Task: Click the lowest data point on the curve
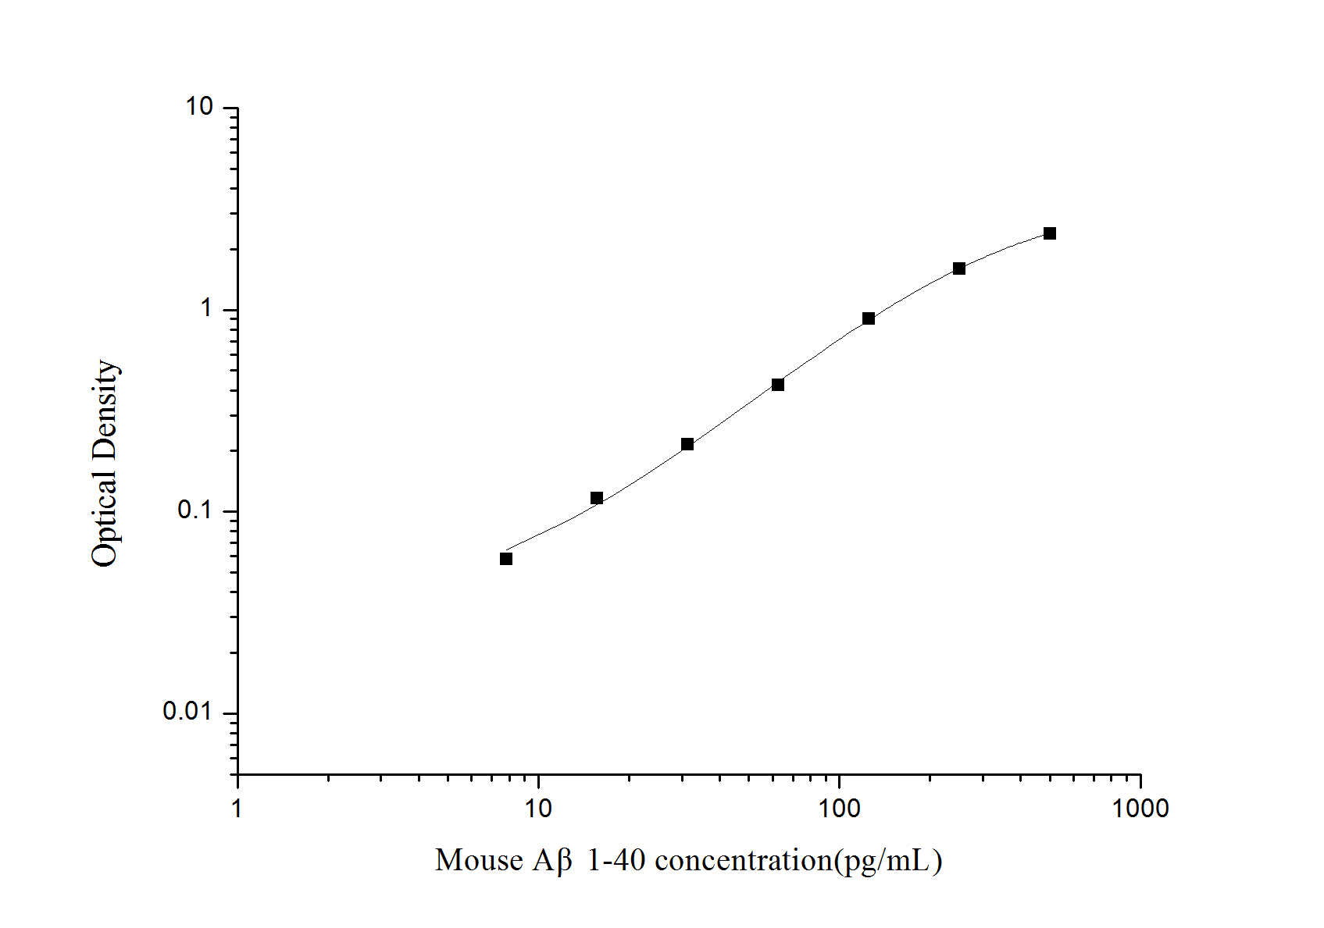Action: [x=506, y=559]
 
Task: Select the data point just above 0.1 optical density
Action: [x=597, y=498]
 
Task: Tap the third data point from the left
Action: [x=687, y=444]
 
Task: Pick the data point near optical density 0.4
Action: [x=778, y=385]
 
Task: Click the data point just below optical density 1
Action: [x=869, y=318]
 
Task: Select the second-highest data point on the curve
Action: [x=959, y=268]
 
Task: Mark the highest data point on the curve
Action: [x=1050, y=233]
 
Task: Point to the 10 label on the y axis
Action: [x=199, y=107]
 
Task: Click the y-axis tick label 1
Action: [x=206, y=308]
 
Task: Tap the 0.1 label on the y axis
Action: [x=195, y=510]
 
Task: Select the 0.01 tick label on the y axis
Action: [x=187, y=711]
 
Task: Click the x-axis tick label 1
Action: [x=237, y=809]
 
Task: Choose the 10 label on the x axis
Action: [x=538, y=809]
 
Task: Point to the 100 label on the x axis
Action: [x=839, y=809]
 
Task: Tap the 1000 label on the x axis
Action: [x=1140, y=809]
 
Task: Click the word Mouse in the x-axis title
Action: [x=479, y=860]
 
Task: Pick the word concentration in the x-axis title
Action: [x=743, y=860]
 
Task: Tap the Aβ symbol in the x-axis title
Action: [x=552, y=860]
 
